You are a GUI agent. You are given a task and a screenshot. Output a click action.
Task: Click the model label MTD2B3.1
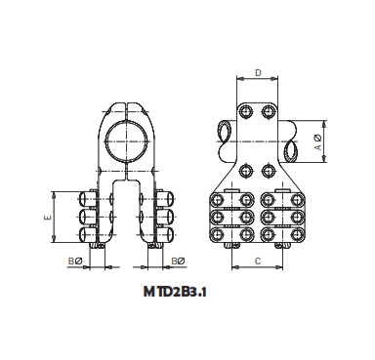(179, 290)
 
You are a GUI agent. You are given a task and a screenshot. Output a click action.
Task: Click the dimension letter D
(258, 73)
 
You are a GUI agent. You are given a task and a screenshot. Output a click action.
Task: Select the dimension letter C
(257, 260)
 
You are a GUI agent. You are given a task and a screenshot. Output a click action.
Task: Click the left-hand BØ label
(73, 261)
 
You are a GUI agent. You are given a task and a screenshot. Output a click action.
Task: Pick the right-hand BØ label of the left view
(178, 261)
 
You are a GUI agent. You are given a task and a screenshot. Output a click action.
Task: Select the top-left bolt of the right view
(247, 111)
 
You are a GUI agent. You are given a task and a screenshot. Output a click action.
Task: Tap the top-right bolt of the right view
(268, 111)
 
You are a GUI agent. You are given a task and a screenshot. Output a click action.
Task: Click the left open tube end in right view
(224, 131)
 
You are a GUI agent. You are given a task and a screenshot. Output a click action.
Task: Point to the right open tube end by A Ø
(292, 150)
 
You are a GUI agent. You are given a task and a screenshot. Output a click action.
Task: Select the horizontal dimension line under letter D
(258, 82)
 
